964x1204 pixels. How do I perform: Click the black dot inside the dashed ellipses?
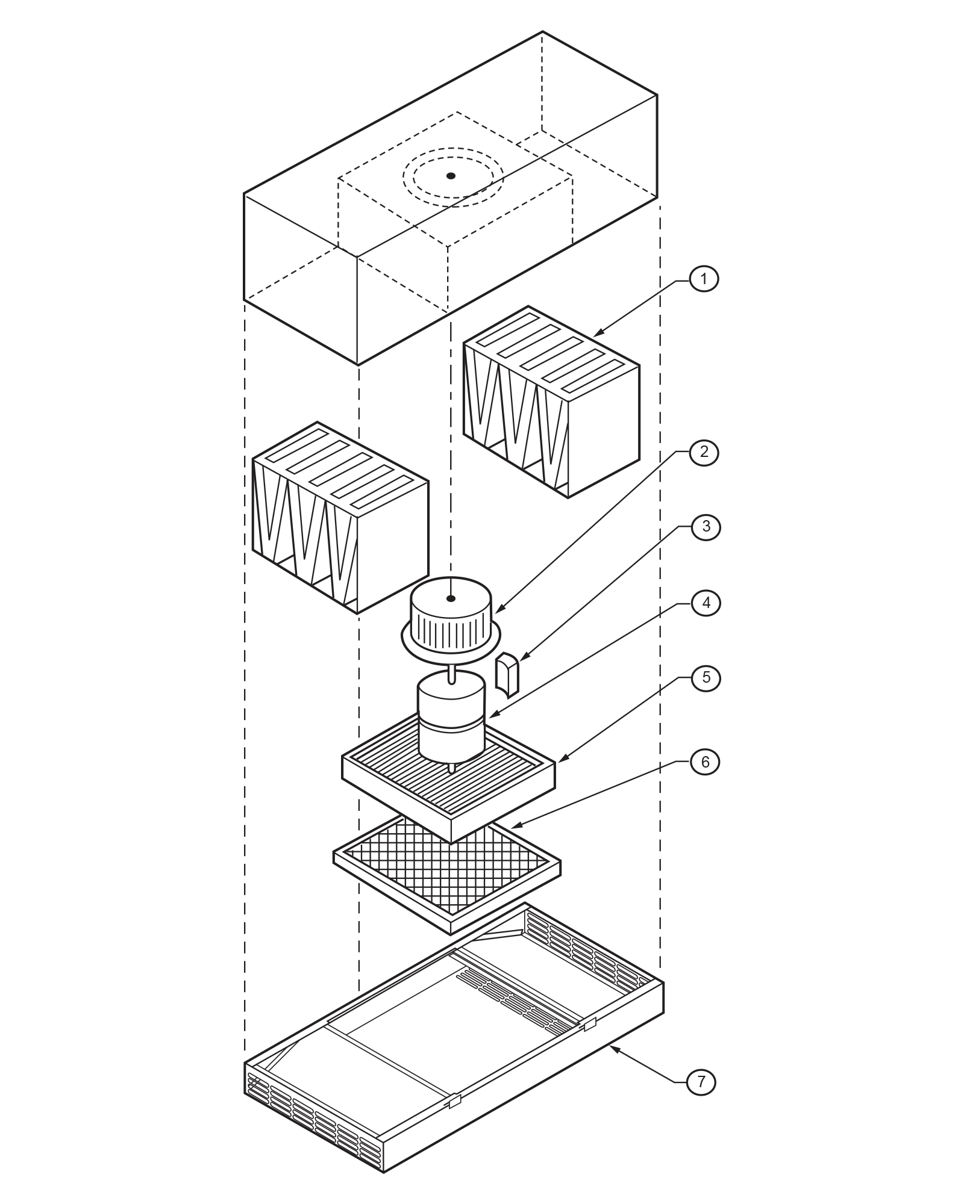(451, 176)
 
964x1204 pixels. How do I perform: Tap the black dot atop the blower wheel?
(450, 598)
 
